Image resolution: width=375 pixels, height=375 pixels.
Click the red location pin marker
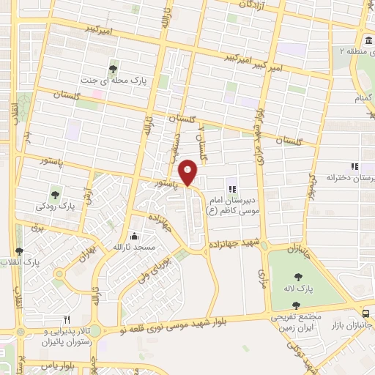188,171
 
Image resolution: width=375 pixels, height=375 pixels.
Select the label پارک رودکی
56,207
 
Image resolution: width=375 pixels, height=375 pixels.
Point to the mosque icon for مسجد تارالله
134,237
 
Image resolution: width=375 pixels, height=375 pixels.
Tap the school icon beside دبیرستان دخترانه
354,166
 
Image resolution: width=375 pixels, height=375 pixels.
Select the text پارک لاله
316,290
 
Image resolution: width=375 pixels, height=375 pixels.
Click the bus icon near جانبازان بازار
365,313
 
